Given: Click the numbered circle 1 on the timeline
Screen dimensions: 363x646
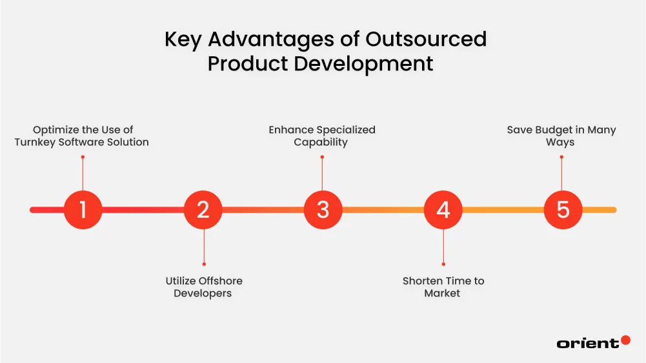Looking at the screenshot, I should pyautogui.click(x=83, y=210).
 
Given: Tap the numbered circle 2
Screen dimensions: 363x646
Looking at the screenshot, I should pyautogui.click(x=203, y=210).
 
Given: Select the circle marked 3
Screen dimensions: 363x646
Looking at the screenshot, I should pyautogui.click(x=323, y=210).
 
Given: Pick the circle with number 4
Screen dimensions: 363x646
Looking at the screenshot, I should pyautogui.click(x=443, y=210).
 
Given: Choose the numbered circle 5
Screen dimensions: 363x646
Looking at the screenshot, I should pyautogui.click(x=563, y=210).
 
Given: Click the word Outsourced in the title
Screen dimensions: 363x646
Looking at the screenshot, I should pyautogui.click(x=426, y=39).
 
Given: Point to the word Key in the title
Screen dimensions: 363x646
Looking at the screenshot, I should pyautogui.click(x=184, y=39).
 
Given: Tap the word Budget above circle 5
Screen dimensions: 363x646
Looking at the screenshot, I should pyautogui.click(x=556, y=130).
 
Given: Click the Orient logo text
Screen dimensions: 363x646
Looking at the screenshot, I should pyautogui.click(x=587, y=344).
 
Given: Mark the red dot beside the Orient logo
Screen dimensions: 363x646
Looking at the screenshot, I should pyautogui.click(x=625, y=340).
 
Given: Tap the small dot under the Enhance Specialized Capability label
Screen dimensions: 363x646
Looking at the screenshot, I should pyautogui.click(x=322, y=156).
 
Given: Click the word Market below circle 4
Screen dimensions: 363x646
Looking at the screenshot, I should pyautogui.click(x=442, y=293).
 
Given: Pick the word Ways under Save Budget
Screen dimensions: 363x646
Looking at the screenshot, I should pyautogui.click(x=560, y=142).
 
